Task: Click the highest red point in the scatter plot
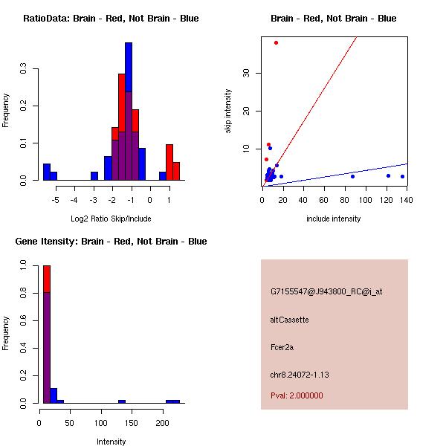click(x=276, y=43)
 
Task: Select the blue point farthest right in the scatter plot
click(x=402, y=177)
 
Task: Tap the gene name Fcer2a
click(x=282, y=347)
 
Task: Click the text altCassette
click(x=289, y=320)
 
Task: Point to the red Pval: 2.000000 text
click(x=297, y=395)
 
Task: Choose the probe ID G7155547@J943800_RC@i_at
click(x=326, y=292)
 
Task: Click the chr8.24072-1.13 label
click(x=300, y=375)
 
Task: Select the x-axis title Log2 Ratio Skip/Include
click(x=111, y=219)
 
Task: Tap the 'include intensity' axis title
click(x=333, y=219)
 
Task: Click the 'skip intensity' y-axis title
click(x=228, y=111)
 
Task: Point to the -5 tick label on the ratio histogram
click(x=56, y=200)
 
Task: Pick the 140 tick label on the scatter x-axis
click(x=406, y=200)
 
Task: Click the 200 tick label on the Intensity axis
click(x=162, y=423)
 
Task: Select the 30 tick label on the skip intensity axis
click(x=246, y=73)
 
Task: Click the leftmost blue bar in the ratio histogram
click(x=47, y=172)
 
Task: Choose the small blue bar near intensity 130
click(x=122, y=401)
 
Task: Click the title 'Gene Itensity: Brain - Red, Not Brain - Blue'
click(x=111, y=242)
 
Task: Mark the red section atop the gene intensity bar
click(x=47, y=279)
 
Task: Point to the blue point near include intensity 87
click(x=352, y=177)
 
